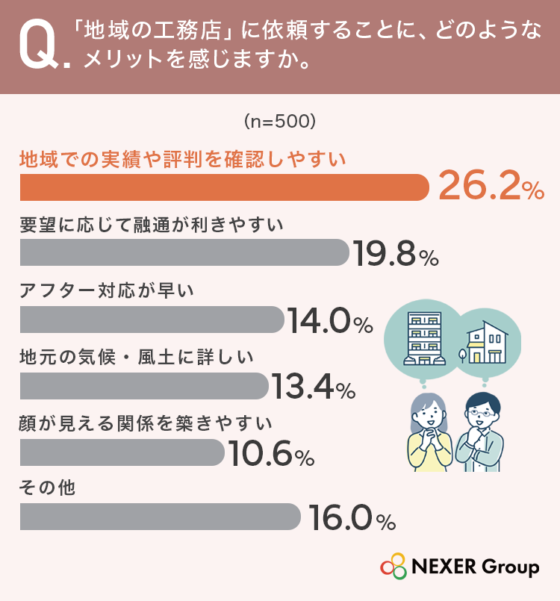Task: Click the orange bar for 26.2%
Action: tap(224, 187)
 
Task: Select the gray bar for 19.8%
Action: tap(184, 252)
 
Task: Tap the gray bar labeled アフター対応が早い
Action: tap(152, 320)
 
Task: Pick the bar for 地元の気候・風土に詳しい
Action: tap(144, 386)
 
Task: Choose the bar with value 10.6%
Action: tap(122, 452)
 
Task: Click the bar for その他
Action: tap(161, 517)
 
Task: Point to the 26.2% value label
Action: tap(491, 187)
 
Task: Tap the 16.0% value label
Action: tap(352, 518)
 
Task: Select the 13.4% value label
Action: tap(314, 387)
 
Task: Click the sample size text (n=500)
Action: tap(280, 122)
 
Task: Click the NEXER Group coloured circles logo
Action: tap(393, 566)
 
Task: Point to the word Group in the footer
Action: tap(510, 567)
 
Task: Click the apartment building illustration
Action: tap(424, 338)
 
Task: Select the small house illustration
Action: tap(484, 342)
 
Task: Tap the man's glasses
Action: tap(482, 413)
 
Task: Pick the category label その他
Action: tap(47, 488)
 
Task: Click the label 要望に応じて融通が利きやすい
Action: tap(152, 225)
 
